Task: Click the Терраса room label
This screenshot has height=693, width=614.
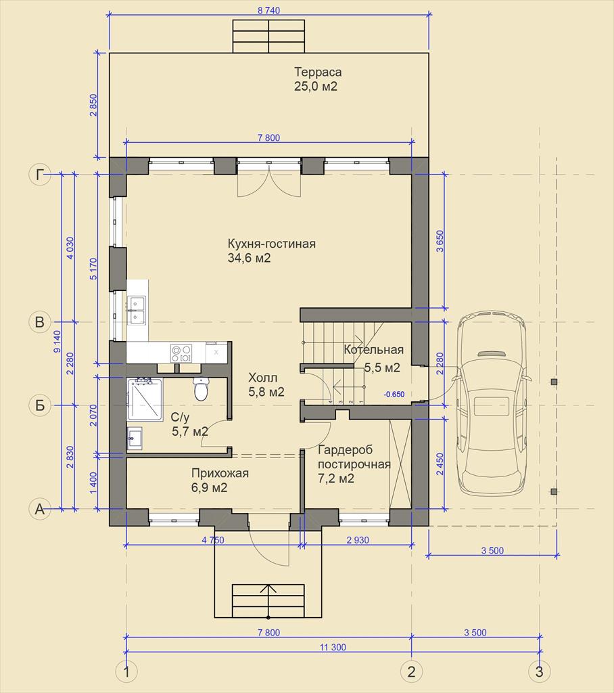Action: (318, 72)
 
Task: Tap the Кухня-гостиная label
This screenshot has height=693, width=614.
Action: (272, 244)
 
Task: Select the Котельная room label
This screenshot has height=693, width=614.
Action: (374, 350)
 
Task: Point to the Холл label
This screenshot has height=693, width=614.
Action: (263, 378)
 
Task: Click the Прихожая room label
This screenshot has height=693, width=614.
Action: (220, 473)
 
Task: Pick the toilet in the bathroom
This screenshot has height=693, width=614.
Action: (201, 388)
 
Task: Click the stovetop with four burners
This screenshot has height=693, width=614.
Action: (181, 353)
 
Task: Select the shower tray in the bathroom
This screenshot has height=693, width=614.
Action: (145, 399)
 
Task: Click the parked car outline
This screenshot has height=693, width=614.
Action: (494, 405)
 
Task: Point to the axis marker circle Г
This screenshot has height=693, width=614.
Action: (40, 175)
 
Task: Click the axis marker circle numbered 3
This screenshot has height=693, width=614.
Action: (540, 672)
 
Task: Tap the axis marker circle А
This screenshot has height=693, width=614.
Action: (40, 509)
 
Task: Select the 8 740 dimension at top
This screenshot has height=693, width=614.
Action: (269, 10)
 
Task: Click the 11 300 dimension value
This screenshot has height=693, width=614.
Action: (333, 648)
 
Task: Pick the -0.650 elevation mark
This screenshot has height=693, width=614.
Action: (394, 395)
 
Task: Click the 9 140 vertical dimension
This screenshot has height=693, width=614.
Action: (57, 342)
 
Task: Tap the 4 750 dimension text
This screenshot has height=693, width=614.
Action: (213, 540)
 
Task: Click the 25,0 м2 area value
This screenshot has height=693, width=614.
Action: (316, 86)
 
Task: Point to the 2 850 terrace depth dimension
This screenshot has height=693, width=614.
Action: (93, 105)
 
